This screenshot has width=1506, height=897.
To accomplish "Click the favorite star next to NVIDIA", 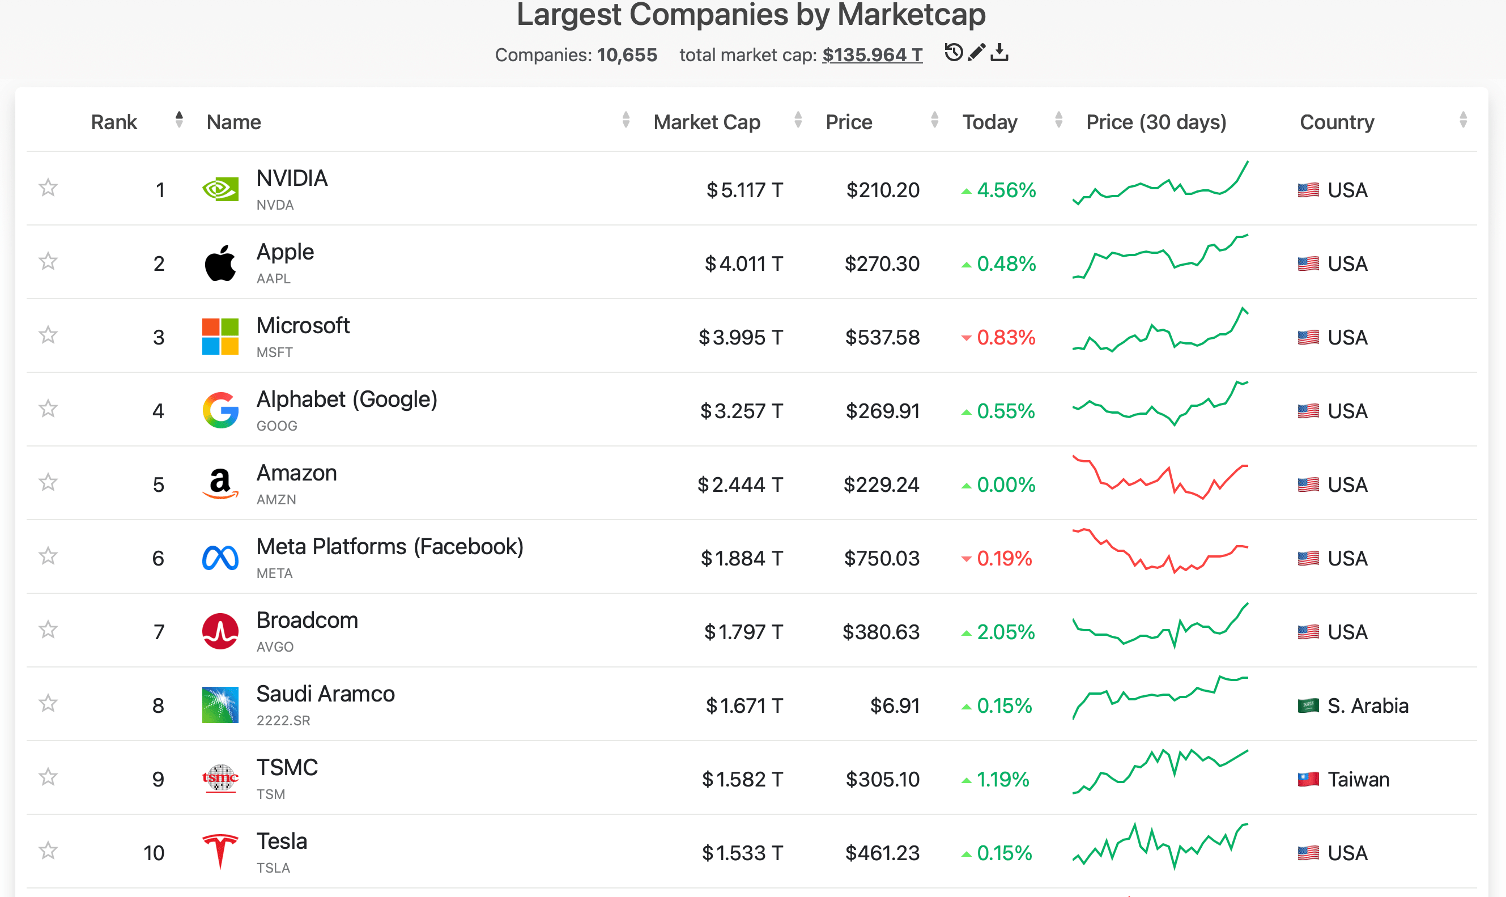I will pos(48,188).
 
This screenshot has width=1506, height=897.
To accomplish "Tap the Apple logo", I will pos(220,263).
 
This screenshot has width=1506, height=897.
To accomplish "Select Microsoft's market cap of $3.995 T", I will pos(741,337).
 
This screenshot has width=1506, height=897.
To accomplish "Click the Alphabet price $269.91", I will pos(882,411).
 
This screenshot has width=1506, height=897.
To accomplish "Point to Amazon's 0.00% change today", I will pos(1006,485).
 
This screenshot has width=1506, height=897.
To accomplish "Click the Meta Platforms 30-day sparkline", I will pos(1160,551).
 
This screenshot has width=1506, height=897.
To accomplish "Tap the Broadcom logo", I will pos(220,632).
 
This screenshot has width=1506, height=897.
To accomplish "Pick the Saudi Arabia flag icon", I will pos(1308,705).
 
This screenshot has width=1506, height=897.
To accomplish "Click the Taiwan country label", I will pos(1358,779).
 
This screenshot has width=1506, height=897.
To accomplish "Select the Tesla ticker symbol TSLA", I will pos(273,868).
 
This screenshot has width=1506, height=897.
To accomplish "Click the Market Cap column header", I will pos(707,122).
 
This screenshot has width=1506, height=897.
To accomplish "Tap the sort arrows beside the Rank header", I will pos(179,120).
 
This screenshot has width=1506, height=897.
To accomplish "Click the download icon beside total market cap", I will pos(999,53).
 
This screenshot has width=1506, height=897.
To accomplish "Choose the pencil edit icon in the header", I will pos(977,53).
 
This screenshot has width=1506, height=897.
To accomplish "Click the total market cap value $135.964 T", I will pos(872,55).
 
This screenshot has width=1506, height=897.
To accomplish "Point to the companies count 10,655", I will pos(627,55).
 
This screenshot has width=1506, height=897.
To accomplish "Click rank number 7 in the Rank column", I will pos(159,632).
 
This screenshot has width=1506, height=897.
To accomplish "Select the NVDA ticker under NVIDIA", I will pos(275,205).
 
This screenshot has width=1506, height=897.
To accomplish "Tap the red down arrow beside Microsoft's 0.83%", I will pos(967,338).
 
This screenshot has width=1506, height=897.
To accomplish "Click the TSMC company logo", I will pos(220,779).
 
